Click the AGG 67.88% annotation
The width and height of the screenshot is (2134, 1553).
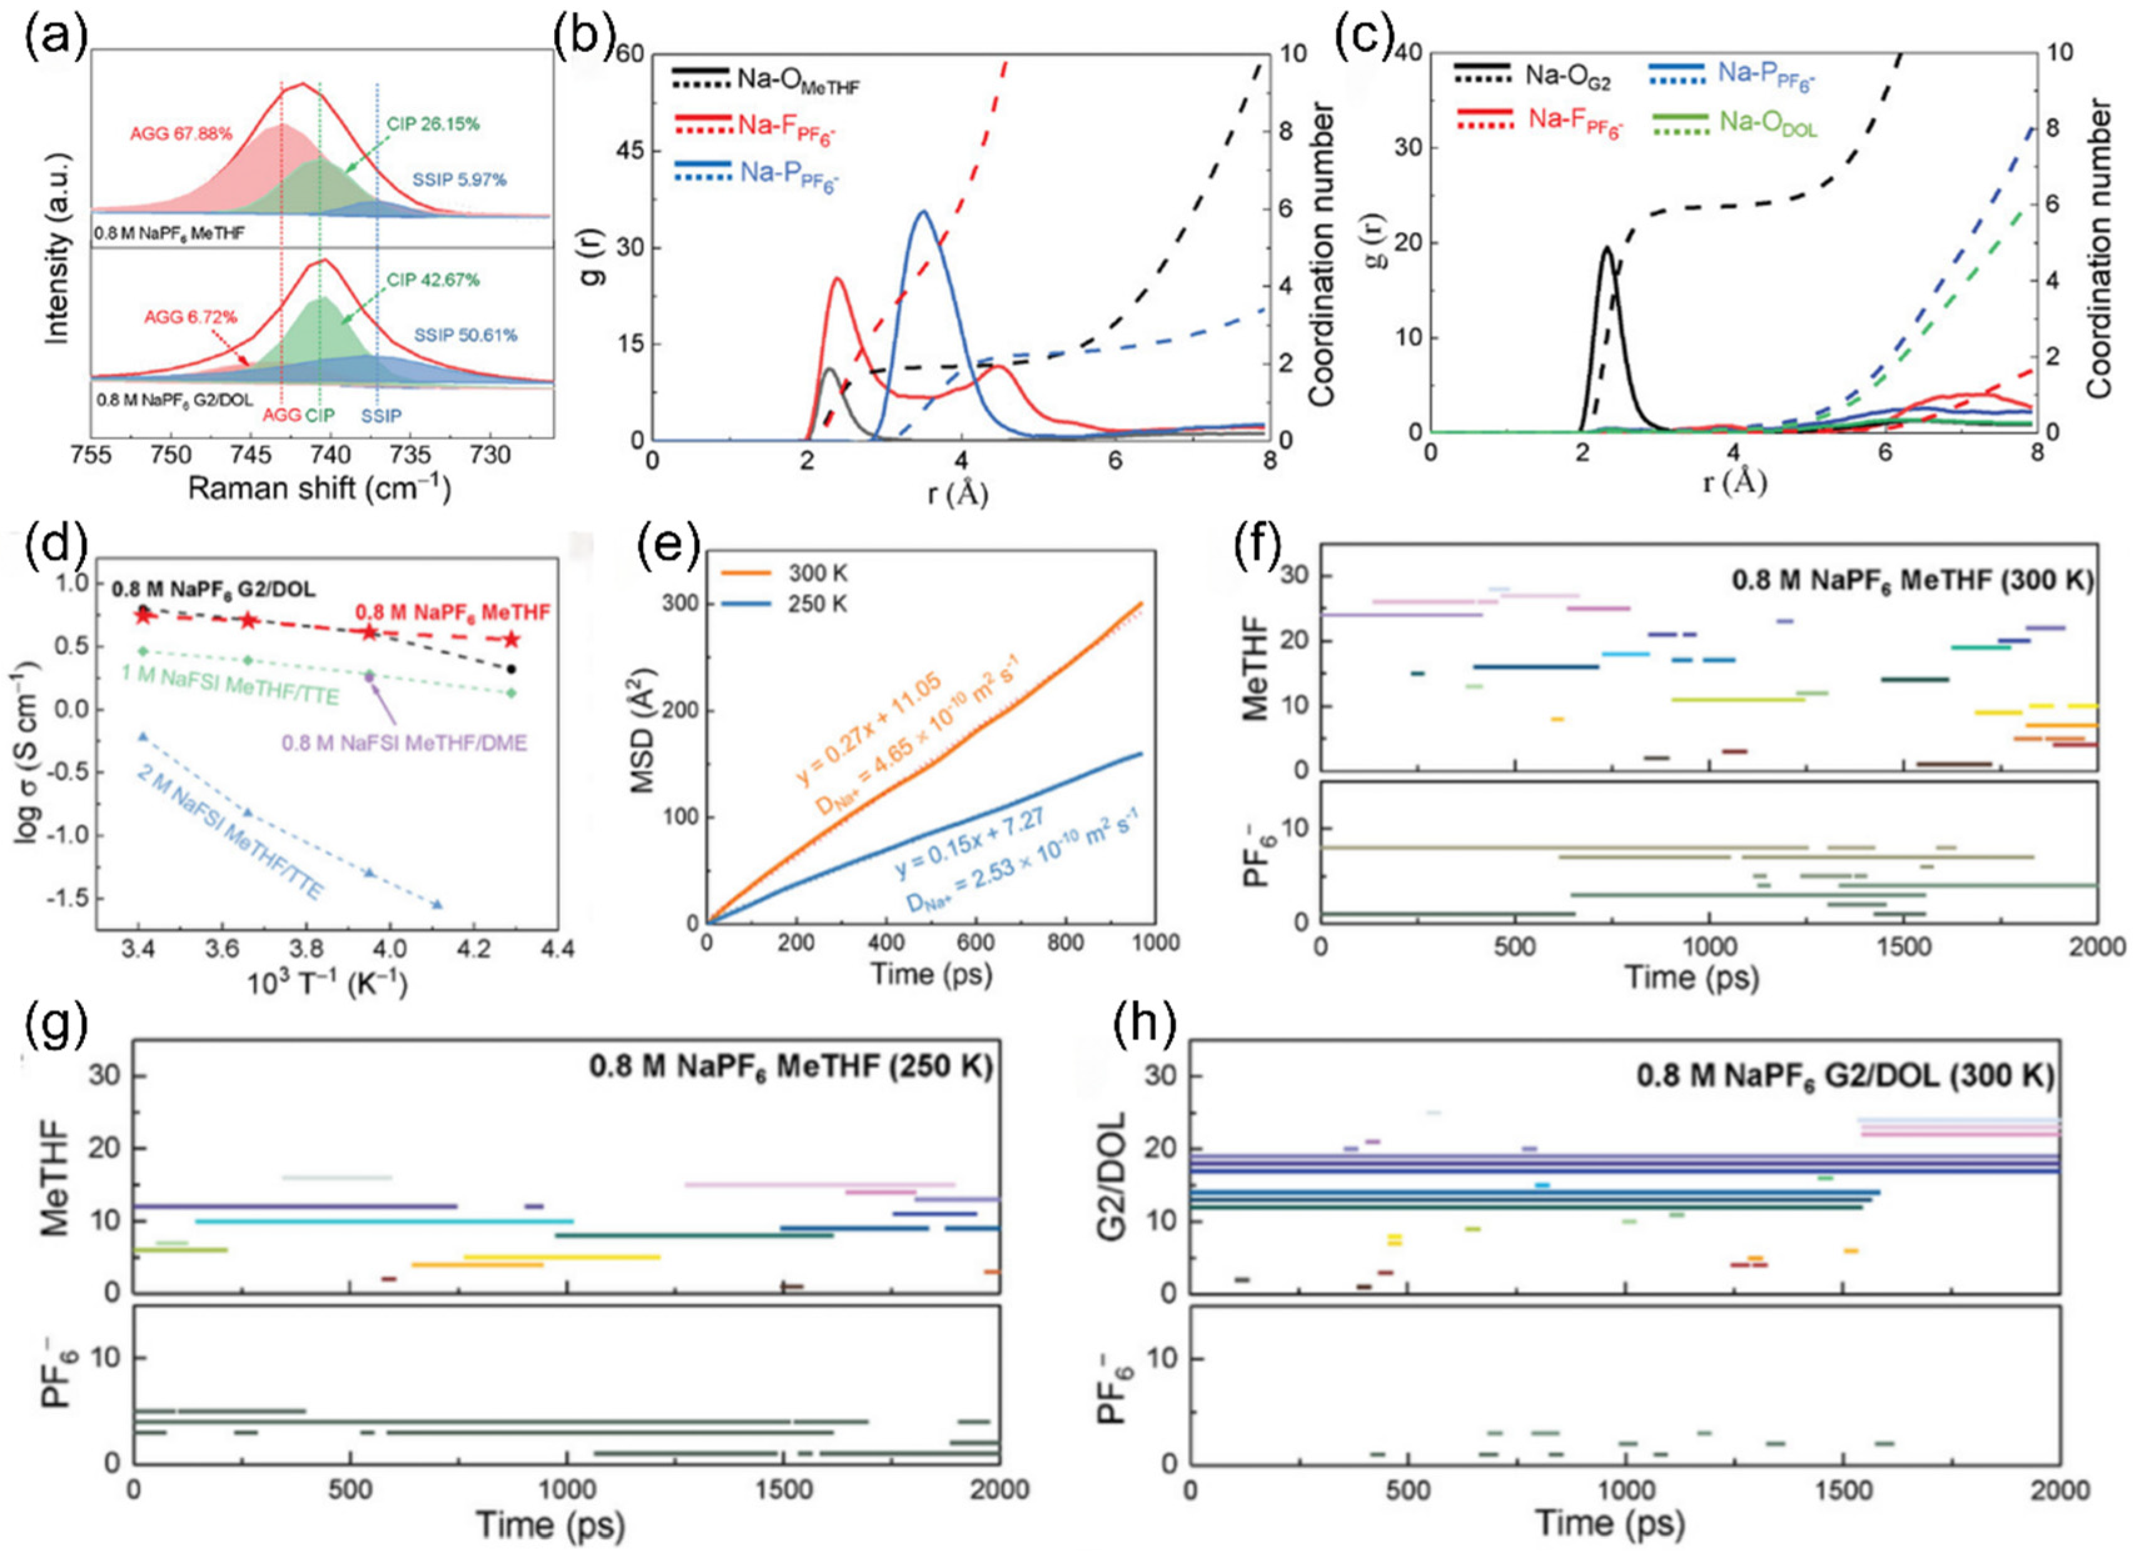pos(181,134)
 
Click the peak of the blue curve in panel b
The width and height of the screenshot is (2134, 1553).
pos(923,212)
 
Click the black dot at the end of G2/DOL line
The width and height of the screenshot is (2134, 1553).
pos(511,669)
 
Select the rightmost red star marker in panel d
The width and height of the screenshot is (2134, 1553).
pos(511,640)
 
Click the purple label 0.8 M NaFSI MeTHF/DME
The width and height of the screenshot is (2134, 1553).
pos(405,743)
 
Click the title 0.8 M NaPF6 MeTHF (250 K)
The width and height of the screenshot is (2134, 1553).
pos(791,1068)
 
